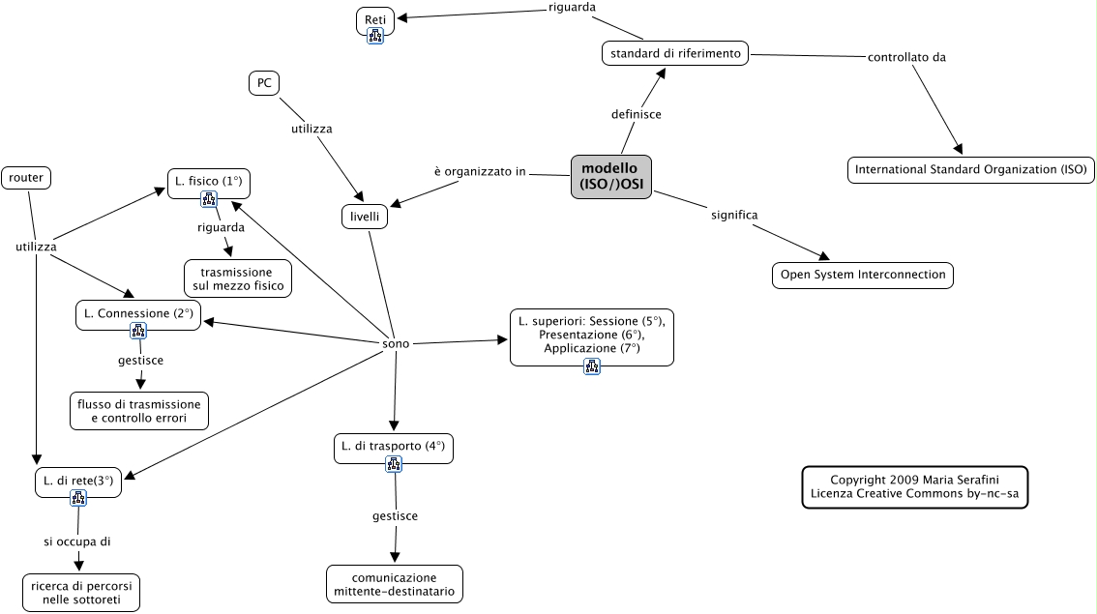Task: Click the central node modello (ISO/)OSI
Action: click(610, 177)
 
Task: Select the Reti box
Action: click(375, 18)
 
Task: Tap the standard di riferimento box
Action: click(675, 53)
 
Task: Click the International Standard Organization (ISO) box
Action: click(970, 170)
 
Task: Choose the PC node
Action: click(263, 84)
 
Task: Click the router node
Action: click(26, 177)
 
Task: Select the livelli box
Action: click(365, 218)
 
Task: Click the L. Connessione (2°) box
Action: click(138, 313)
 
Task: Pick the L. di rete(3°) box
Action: click(78, 481)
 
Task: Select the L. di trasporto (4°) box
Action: click(393, 447)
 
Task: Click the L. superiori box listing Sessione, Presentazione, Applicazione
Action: click(591, 334)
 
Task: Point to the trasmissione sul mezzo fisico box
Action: click(238, 278)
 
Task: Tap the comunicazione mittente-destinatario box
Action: click(394, 584)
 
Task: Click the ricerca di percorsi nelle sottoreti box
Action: click(81, 592)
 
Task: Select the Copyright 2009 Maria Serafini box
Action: click(914, 487)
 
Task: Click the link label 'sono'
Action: click(396, 343)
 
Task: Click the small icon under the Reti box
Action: click(375, 36)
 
